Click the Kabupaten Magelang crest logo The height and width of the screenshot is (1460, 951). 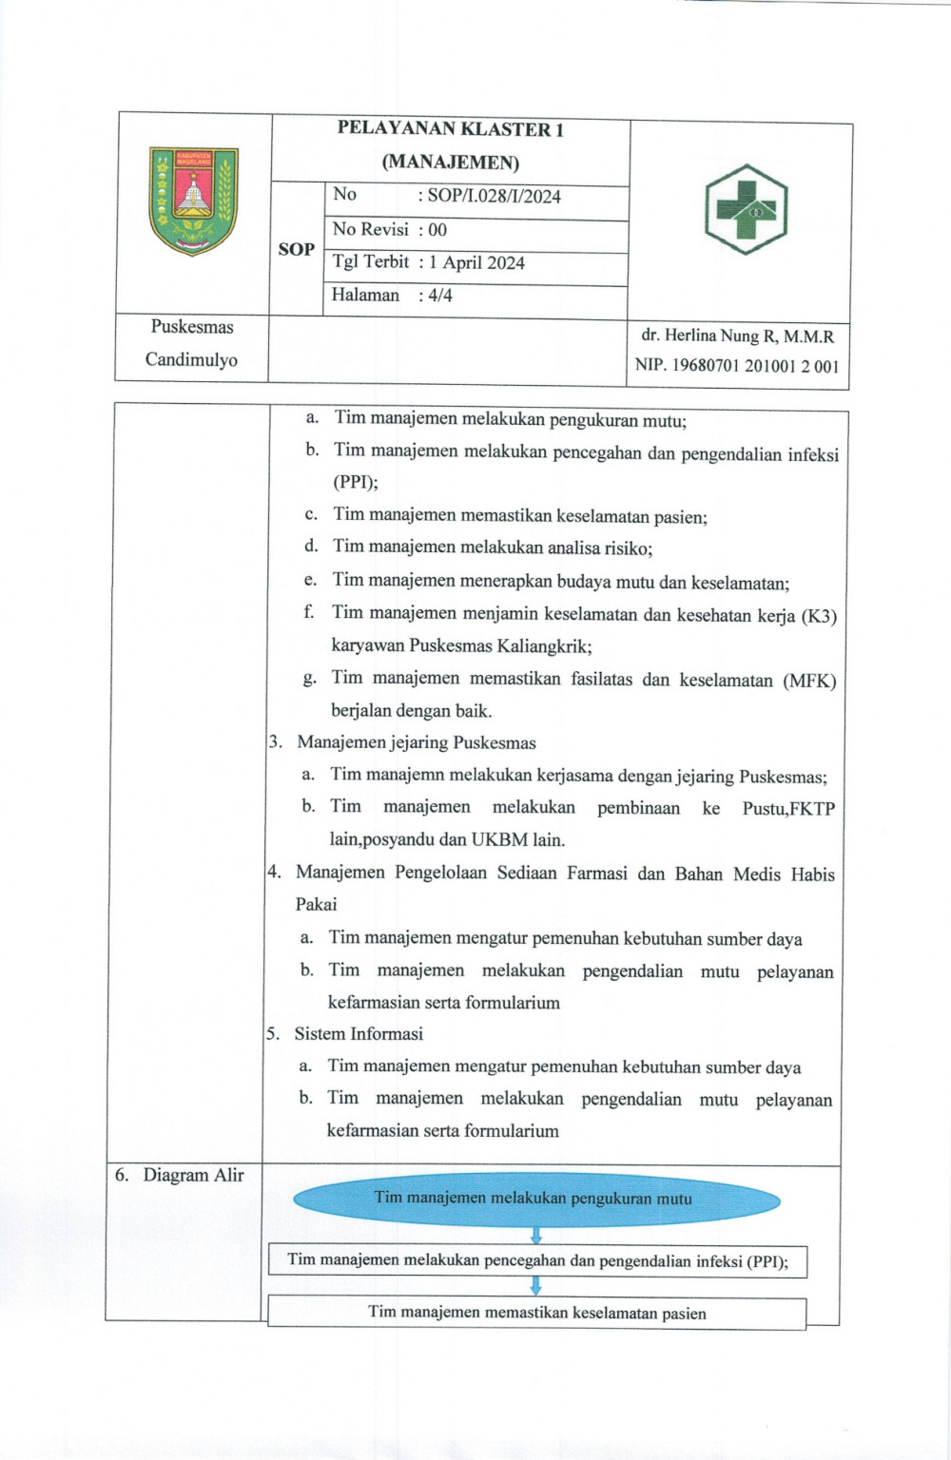point(194,201)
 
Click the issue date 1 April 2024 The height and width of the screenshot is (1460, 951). point(476,263)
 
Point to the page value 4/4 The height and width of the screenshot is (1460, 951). point(440,296)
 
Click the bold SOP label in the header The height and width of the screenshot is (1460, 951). point(296,249)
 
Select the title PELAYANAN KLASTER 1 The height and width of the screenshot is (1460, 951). point(450,130)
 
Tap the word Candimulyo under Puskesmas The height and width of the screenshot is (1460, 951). point(191,360)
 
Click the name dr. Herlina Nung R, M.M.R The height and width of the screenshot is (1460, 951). point(737,336)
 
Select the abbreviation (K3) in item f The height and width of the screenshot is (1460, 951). point(818,616)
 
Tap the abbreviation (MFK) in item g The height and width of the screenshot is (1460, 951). point(809,681)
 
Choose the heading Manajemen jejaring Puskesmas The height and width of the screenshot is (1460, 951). point(416,743)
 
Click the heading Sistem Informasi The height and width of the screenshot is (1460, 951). point(359,1034)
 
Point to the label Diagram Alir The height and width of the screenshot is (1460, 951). point(193,1176)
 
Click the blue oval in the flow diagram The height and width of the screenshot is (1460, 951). point(535,1199)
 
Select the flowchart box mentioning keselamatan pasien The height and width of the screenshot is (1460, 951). point(536,1314)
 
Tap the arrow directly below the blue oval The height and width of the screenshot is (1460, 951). point(535,1236)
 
